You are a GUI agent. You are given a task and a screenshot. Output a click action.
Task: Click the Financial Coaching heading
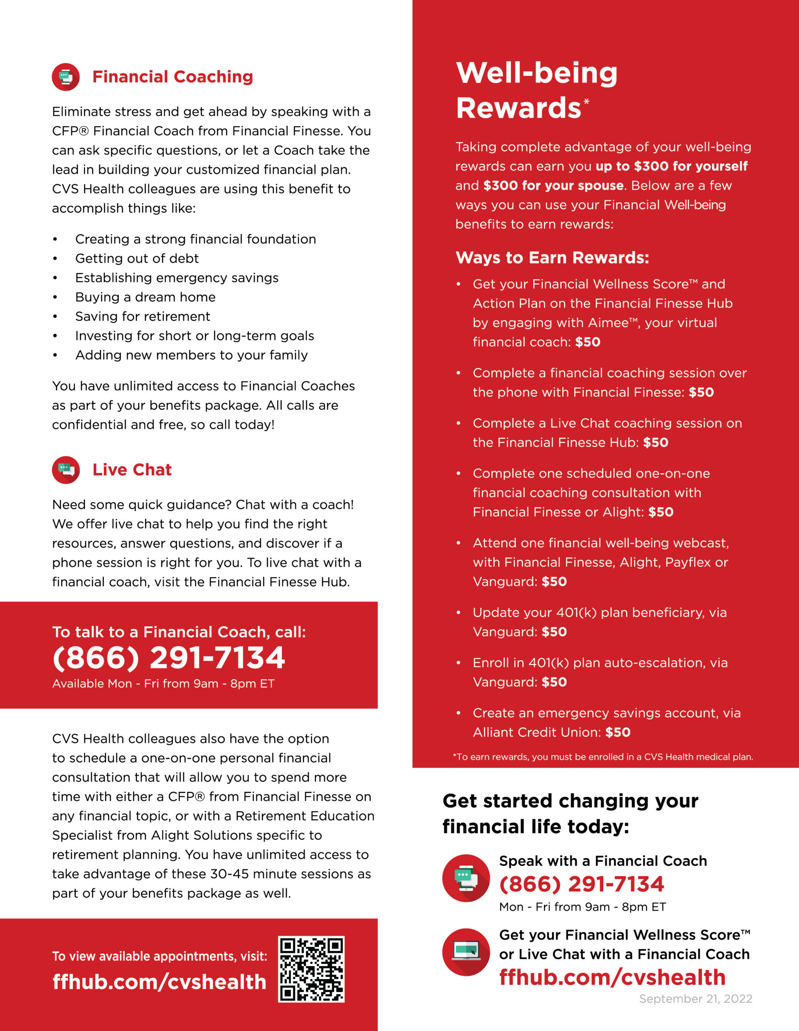point(172,77)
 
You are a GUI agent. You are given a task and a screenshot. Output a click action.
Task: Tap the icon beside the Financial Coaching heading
point(66,77)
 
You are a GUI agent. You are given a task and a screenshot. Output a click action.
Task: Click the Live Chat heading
point(132,470)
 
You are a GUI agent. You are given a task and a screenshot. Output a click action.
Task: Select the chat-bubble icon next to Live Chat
point(66,470)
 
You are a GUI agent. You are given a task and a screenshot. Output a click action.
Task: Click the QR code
point(311,969)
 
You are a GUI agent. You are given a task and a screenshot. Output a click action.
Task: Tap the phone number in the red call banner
point(168,658)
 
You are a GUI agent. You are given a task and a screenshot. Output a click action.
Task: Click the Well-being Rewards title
point(536,90)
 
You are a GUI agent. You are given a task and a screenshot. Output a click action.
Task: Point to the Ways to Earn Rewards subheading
point(552,258)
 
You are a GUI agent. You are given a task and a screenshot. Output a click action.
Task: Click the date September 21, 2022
point(695,998)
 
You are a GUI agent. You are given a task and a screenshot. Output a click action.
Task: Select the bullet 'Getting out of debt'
point(137,258)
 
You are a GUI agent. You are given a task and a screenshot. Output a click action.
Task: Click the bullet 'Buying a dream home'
point(145,297)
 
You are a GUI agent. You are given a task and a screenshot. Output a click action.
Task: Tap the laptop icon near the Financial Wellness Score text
point(466,952)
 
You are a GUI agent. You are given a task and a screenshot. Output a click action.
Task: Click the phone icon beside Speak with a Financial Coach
point(466,878)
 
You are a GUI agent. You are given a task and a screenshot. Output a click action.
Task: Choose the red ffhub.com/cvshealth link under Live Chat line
point(612,977)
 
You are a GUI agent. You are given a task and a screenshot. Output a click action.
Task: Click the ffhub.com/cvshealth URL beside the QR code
point(159,981)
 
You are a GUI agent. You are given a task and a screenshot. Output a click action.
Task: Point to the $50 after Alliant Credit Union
point(618,732)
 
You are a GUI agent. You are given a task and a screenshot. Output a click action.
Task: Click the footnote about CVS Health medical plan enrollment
point(602,757)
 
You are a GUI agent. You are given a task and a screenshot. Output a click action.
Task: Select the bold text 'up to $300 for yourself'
point(672,166)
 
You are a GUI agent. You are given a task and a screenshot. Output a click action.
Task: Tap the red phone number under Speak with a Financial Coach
point(582,884)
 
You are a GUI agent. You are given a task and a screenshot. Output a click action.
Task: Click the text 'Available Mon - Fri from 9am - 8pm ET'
point(163,683)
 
